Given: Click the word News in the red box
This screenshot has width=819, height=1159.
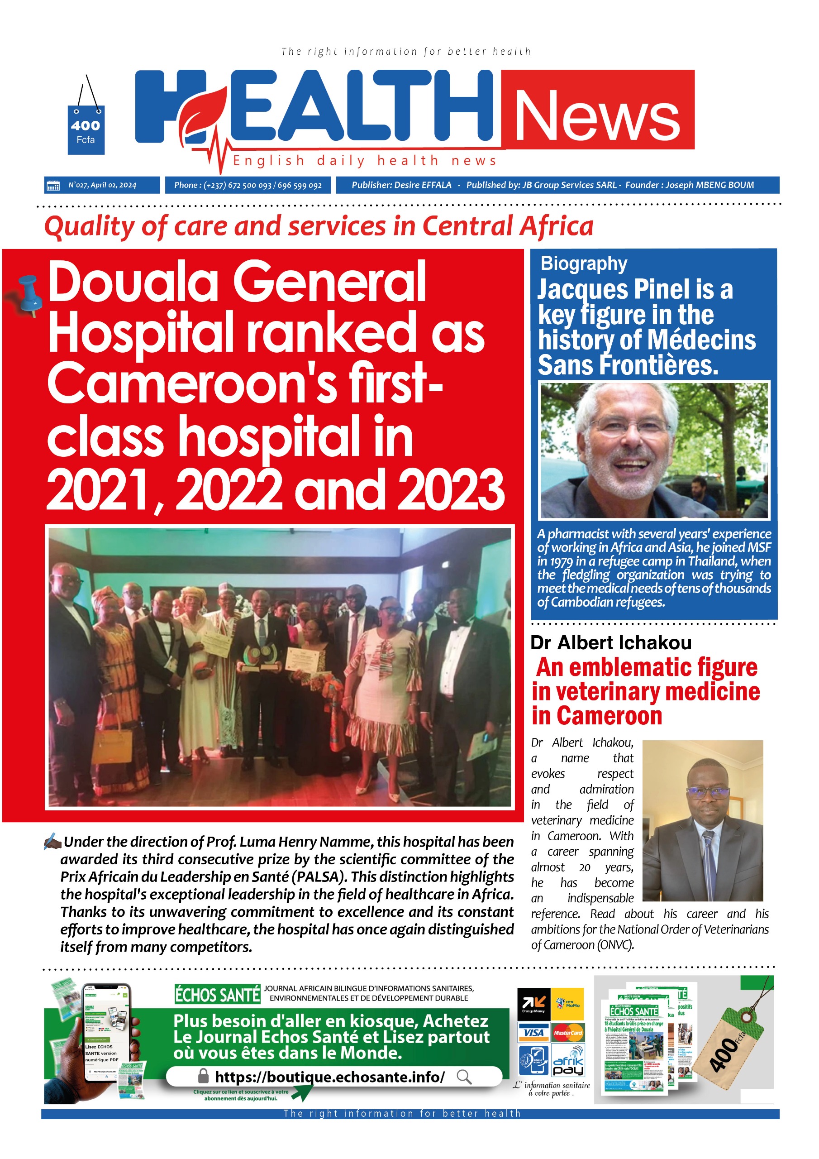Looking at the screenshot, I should coord(597,115).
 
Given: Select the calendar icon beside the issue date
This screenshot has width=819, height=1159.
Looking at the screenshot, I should coord(52,185).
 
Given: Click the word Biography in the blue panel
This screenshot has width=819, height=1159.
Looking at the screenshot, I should coord(584,263).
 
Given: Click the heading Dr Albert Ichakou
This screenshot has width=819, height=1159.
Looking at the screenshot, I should coord(610,642).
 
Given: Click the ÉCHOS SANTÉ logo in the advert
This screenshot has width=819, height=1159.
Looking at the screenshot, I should coord(217,995).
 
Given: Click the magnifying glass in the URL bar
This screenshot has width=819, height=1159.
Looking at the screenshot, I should coord(464,1077).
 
